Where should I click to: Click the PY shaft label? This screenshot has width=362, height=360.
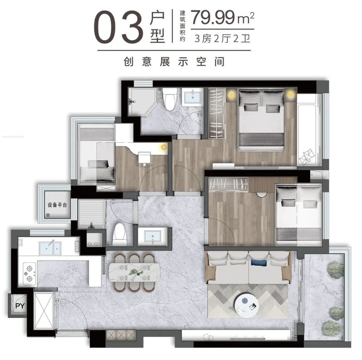(x=20, y=306)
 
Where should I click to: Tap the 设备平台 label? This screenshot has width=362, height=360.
(x=57, y=205)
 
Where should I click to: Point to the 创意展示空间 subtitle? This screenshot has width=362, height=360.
(x=174, y=62)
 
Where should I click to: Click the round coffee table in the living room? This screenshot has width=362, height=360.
(x=246, y=306)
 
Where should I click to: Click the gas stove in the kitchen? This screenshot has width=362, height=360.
(x=29, y=274)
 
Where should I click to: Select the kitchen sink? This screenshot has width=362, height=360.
(x=50, y=248)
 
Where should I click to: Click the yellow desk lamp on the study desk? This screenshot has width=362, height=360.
(x=164, y=147)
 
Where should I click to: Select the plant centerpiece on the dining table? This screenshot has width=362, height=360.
(x=134, y=272)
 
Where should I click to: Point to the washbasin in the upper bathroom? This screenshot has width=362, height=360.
(x=193, y=97)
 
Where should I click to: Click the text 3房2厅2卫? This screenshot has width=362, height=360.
(x=222, y=38)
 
